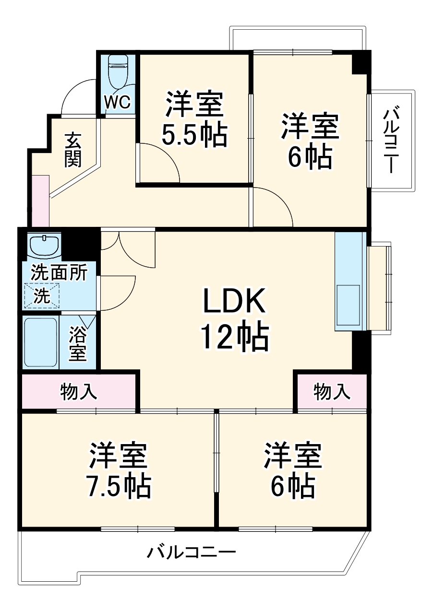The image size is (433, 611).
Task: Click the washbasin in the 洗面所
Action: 44,245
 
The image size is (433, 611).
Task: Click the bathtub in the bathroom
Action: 41,341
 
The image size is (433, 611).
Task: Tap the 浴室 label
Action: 78,344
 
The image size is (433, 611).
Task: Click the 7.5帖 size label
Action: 119,486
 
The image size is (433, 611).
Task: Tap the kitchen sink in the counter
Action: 348,305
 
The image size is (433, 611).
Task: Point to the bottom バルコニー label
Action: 191,553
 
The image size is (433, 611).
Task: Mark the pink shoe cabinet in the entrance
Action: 41,201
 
